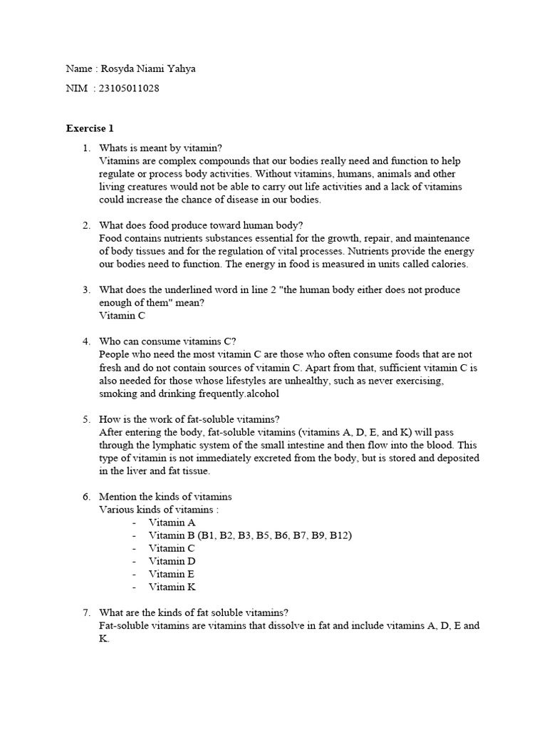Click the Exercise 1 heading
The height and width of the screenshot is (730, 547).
click(x=90, y=128)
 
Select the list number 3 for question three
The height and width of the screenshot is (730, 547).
click(x=85, y=290)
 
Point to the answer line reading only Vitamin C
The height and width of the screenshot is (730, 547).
click(x=122, y=315)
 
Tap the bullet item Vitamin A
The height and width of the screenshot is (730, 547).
click(x=172, y=523)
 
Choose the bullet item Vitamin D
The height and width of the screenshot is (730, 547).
click(x=172, y=561)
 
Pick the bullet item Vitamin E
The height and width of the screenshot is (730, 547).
click(x=172, y=574)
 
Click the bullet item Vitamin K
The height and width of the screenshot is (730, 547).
click(x=172, y=587)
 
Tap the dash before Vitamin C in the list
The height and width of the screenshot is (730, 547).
click(x=134, y=548)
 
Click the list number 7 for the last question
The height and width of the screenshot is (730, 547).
click(x=85, y=612)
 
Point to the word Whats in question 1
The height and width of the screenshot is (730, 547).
click(x=114, y=148)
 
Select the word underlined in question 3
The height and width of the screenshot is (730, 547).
click(x=202, y=290)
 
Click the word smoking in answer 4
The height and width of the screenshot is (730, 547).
click(x=119, y=394)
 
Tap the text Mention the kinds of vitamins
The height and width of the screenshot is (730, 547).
click(x=165, y=496)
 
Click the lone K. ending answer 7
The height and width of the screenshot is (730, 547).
click(x=104, y=639)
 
